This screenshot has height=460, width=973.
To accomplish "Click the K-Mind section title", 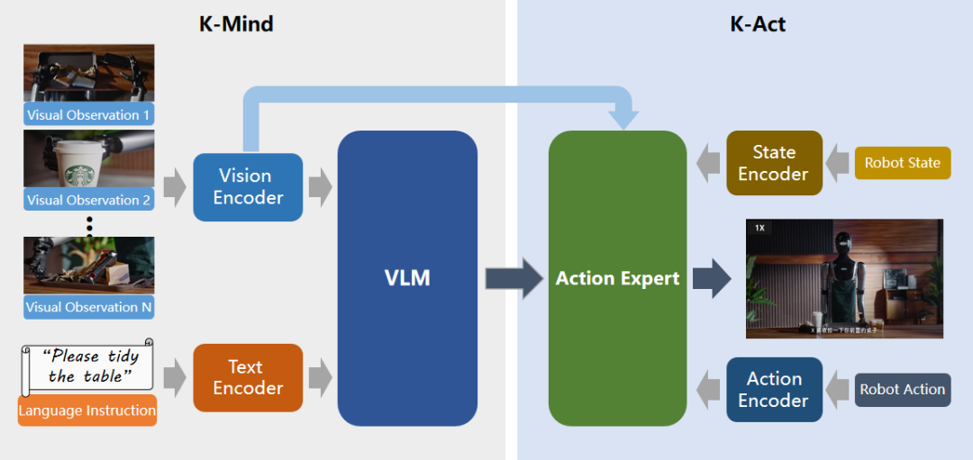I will coord(236,24).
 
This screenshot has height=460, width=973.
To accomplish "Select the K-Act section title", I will coord(757,24).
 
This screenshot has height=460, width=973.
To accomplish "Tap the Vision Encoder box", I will coord(248,187).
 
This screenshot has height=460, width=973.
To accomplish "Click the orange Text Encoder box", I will coord(248,378).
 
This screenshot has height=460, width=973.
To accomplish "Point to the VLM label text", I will coord(407,278).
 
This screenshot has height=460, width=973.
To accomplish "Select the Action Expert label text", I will coord(617,279).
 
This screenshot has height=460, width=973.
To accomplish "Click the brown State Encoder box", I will coord(774,163).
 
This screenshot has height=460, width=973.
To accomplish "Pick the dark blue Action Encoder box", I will coord(774,390).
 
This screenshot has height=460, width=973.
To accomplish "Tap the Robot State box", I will coord(902,163).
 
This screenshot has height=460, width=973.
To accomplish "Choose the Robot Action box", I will coord(902,390).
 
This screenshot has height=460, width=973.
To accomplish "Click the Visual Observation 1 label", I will coord(88,115).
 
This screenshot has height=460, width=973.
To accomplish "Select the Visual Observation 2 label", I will coord(88,200).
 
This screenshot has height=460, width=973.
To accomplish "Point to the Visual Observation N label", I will coord(88,307).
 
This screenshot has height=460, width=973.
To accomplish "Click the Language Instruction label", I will coord(86,410).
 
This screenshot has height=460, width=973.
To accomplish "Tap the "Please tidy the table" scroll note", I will coord(86,366).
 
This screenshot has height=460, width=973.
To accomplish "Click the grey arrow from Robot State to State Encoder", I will coord(838,163).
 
